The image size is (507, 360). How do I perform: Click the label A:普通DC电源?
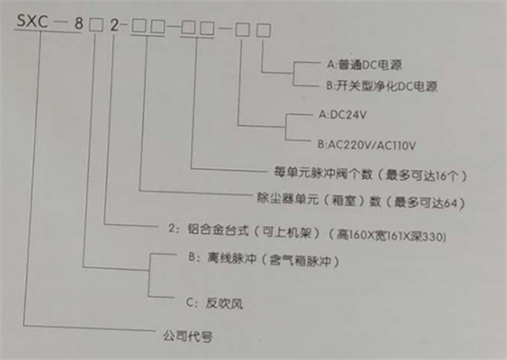[367, 66]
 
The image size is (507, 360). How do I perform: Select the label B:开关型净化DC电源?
[381, 88]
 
